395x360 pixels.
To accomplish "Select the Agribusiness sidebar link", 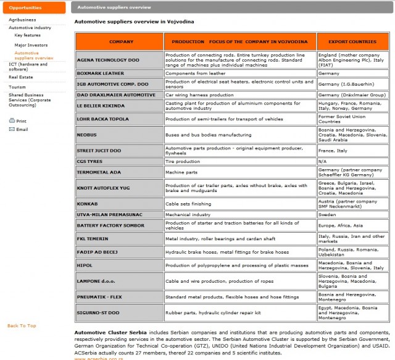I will click(22, 20).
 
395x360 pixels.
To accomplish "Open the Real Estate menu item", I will click(21, 77).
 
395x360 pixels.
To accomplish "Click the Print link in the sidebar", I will click(21, 121).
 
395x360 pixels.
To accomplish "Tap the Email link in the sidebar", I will click(22, 130).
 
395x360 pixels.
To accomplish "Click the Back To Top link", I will click(22, 325).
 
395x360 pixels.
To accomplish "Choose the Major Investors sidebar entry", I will click(31, 45).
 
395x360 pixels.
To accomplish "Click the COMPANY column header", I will click(120, 41).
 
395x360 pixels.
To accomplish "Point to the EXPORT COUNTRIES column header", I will click(351, 41).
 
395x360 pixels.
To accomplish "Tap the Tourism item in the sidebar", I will click(17, 87).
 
